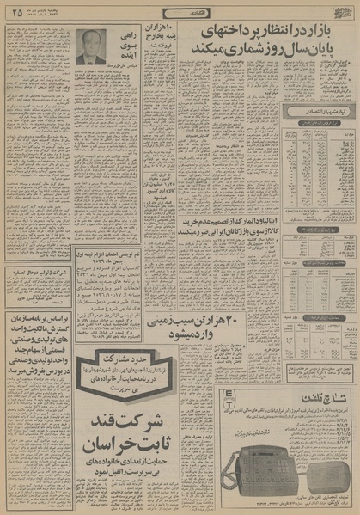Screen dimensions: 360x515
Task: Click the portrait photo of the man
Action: [x=89, y=48]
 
